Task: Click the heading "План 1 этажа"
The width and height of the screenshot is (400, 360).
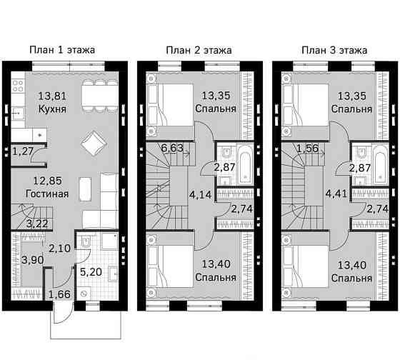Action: coord(62,50)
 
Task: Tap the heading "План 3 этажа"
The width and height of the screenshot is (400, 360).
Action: coord(334,50)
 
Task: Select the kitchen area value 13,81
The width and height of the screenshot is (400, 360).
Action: coord(52,96)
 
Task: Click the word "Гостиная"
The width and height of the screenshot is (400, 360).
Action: coord(47,194)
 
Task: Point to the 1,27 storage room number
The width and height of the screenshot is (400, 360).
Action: coord(23,151)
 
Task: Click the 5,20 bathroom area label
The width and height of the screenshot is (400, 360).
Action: coord(91,272)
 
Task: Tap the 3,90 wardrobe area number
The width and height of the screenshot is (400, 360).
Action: coord(33,260)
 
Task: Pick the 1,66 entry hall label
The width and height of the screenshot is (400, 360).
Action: coord(59,294)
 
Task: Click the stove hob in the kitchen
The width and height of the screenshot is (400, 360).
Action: coord(18,86)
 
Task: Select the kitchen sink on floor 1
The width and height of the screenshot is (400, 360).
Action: coord(18,112)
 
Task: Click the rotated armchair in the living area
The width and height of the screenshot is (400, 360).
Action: coord(94,143)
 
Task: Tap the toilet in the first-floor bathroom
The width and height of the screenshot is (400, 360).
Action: coord(86,241)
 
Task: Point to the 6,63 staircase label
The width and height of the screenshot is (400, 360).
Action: coord(172,148)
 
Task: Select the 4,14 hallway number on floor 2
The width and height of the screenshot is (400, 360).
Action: coord(200,195)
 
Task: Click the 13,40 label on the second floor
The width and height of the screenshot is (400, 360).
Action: coord(216,264)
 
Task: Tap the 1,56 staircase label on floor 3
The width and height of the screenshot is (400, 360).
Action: coord(308,149)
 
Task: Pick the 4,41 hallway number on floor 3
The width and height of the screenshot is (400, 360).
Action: coord(336,194)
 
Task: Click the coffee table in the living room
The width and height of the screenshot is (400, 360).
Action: coord(85,189)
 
